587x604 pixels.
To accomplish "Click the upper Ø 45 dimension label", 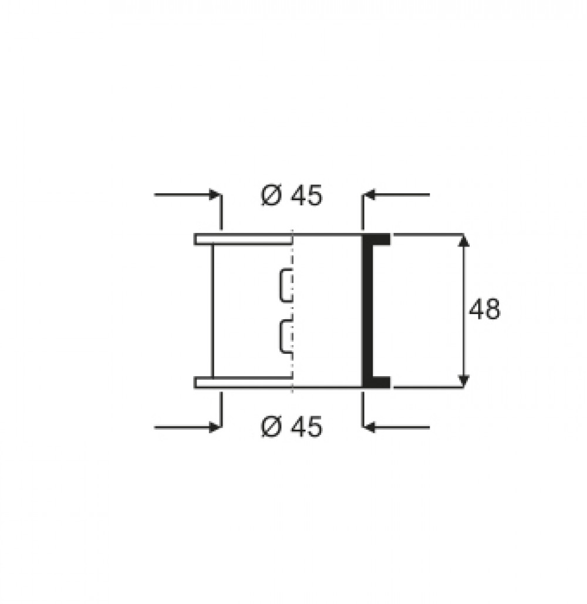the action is click(x=291, y=195).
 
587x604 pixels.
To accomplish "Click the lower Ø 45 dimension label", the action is click(x=291, y=427).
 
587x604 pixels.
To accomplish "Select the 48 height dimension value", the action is click(x=484, y=309).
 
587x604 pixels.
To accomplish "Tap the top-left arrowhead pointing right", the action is click(x=214, y=194).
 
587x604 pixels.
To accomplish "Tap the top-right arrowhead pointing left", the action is click(x=369, y=194).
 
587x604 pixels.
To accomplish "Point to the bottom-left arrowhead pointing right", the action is click(x=214, y=427).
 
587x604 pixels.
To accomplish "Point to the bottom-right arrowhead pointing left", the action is click(x=369, y=427).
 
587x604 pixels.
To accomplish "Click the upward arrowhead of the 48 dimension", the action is click(x=464, y=239).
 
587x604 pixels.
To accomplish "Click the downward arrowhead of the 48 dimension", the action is click(x=464, y=381).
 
